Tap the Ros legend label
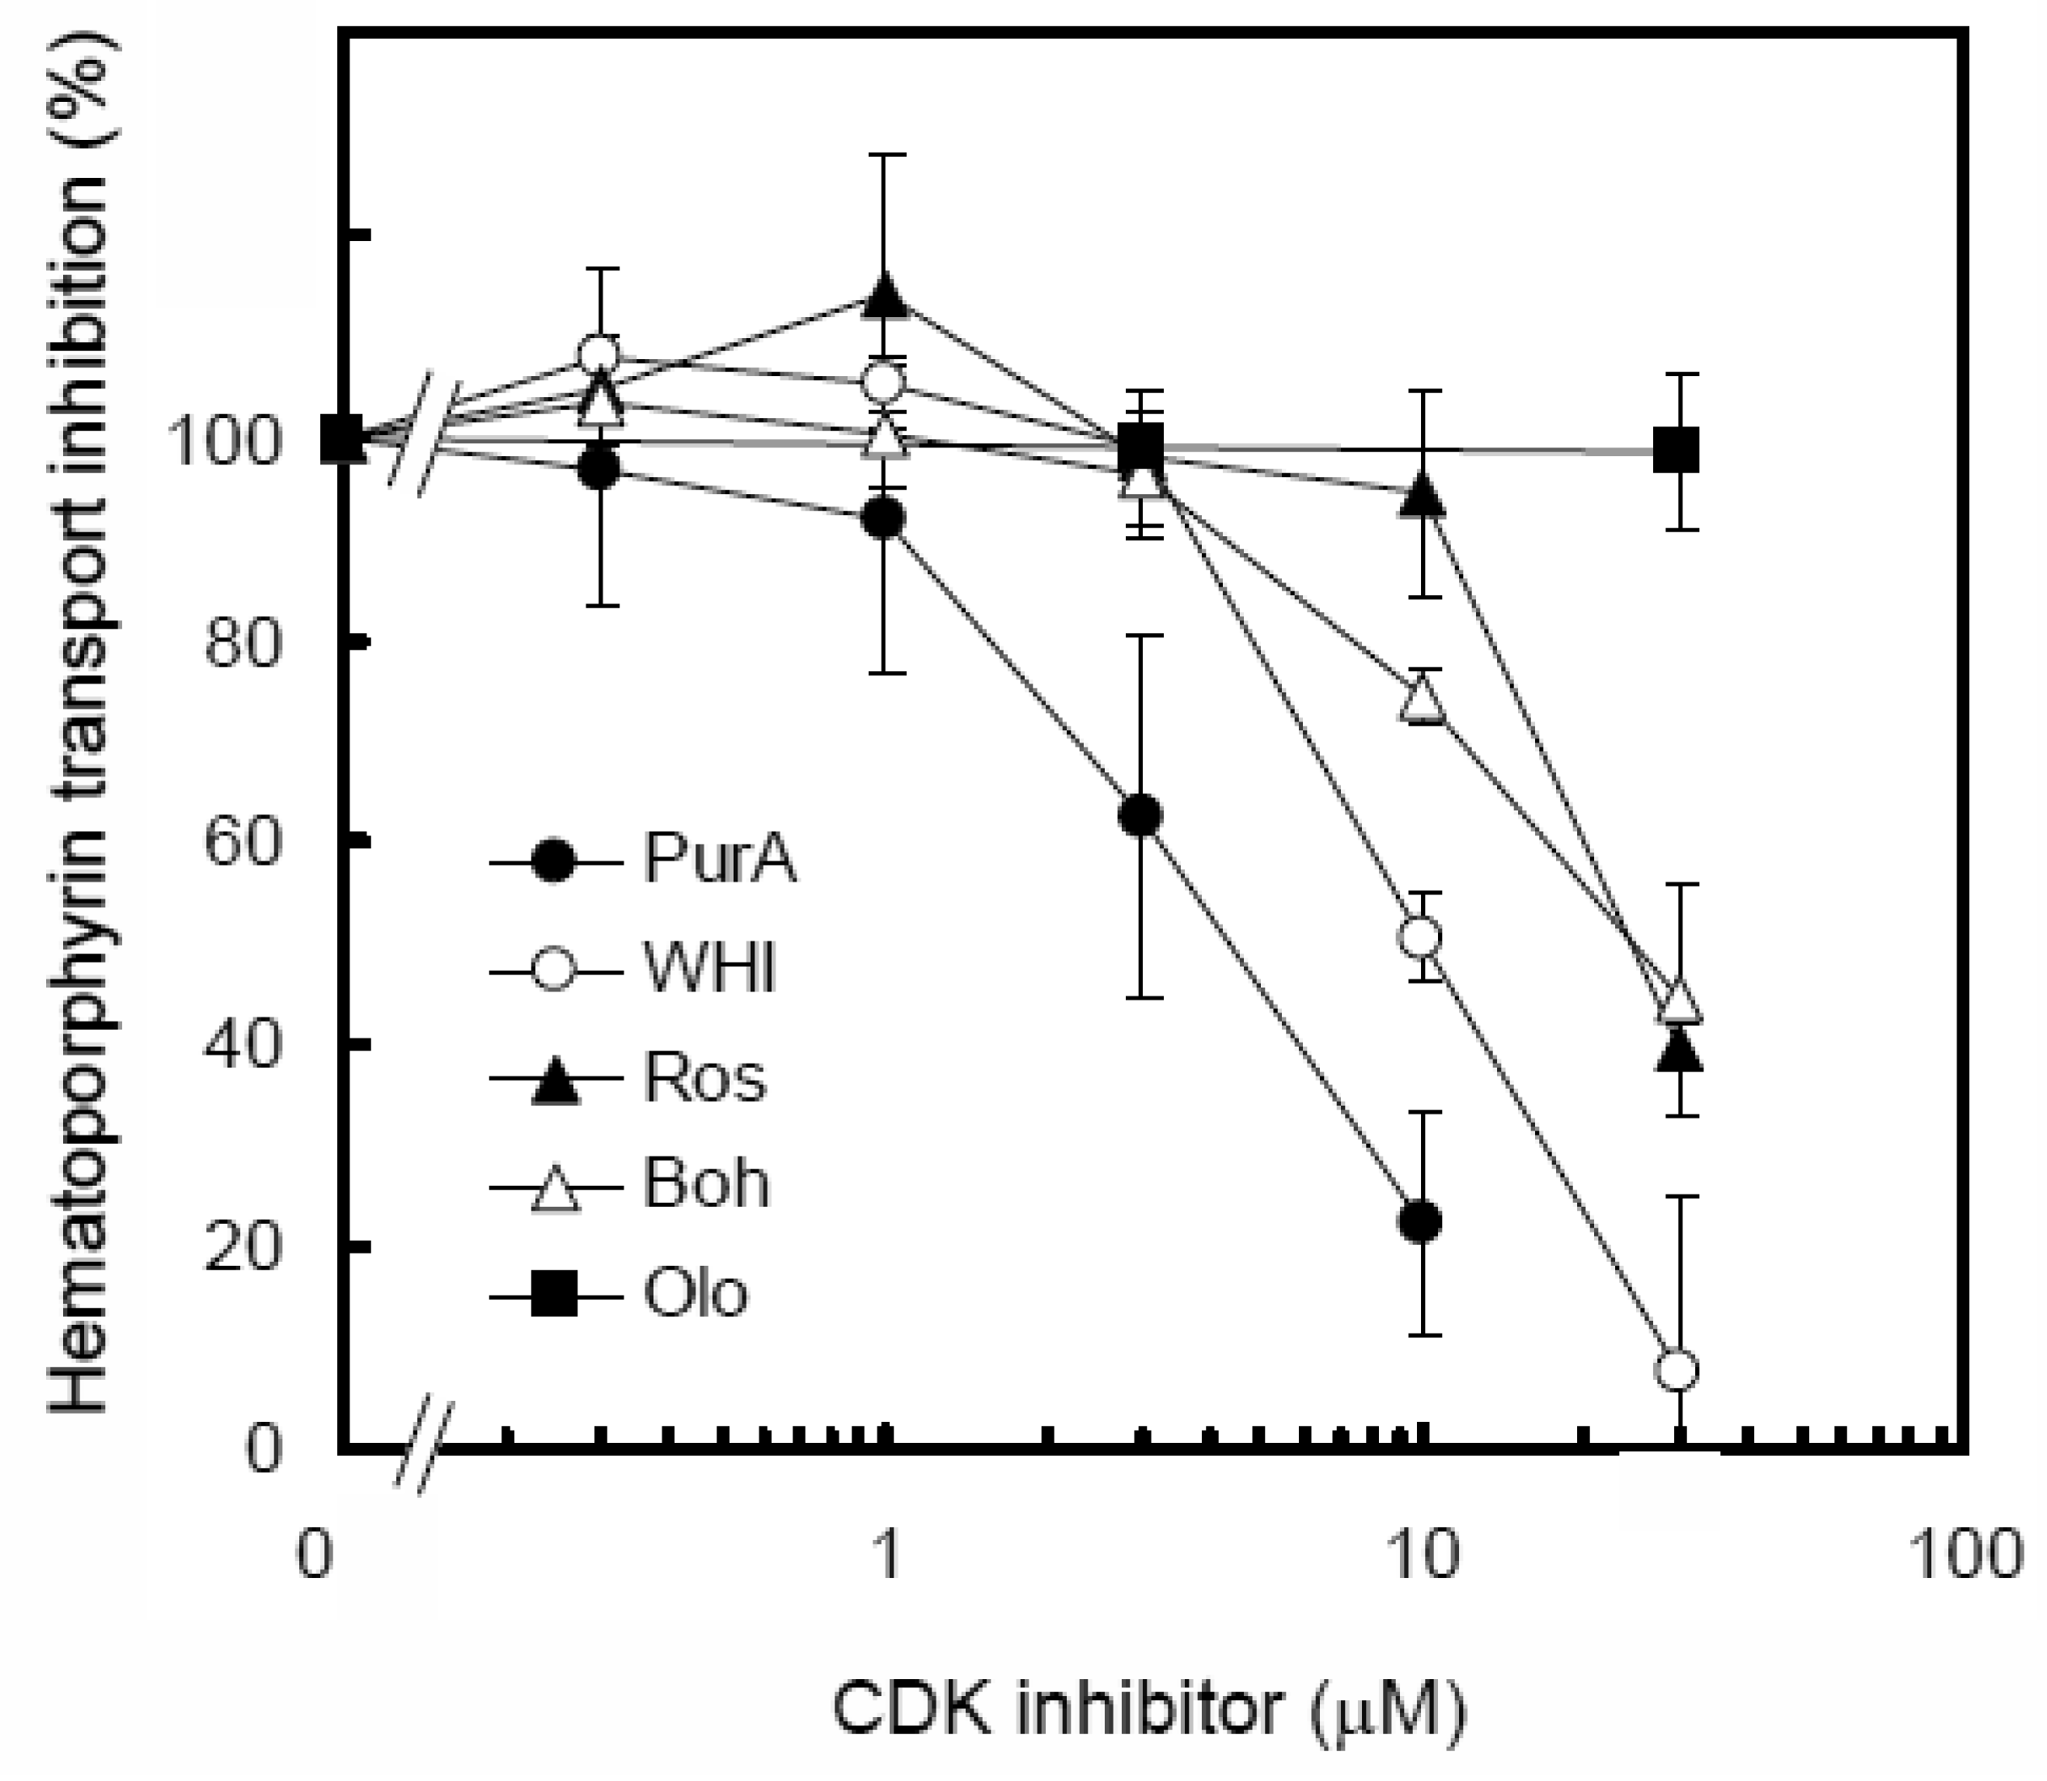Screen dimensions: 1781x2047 pyautogui.click(x=704, y=1078)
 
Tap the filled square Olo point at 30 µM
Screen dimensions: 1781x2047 pyautogui.click(x=1677, y=449)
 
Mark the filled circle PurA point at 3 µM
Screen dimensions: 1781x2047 pyautogui.click(x=1140, y=816)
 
